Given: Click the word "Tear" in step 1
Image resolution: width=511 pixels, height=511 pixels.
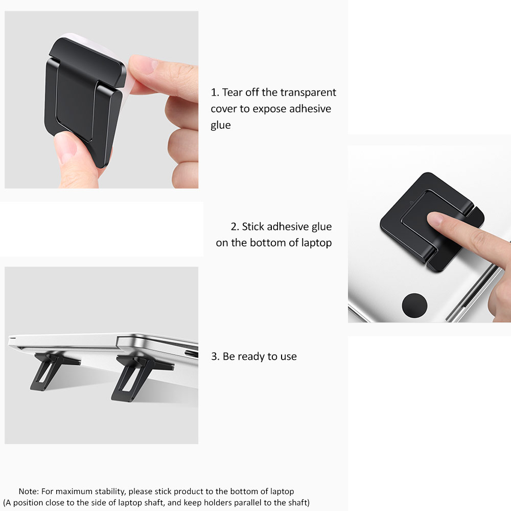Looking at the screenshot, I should pyautogui.click(x=233, y=92).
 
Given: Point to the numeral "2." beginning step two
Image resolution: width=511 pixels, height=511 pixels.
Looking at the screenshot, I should pyautogui.click(x=235, y=226).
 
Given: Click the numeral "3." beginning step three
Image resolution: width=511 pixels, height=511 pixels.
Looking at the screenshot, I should pyautogui.click(x=216, y=357).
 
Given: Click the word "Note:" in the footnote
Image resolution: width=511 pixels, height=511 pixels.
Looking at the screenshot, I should pyautogui.click(x=29, y=492).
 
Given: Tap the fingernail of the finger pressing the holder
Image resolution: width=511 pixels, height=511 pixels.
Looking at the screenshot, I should pyautogui.click(x=435, y=219).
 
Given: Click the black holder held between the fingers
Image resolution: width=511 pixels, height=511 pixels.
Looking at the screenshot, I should pyautogui.click(x=82, y=102).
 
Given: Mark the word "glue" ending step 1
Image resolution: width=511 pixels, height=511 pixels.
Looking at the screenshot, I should pyautogui.click(x=221, y=125).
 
